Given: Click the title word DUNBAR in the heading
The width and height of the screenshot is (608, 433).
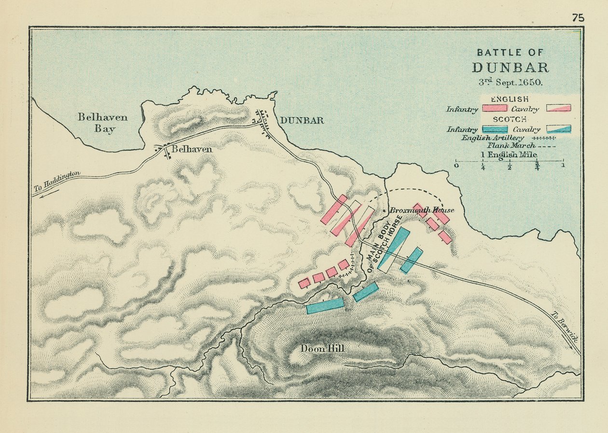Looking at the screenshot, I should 510,67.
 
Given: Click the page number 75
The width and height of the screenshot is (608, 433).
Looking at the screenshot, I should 578,18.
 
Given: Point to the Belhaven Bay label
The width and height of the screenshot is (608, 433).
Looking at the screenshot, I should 103,123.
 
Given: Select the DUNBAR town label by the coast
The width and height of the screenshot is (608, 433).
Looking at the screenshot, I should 302,121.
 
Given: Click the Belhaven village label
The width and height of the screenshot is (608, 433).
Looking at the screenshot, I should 192,150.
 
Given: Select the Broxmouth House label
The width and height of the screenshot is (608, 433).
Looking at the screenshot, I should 422,210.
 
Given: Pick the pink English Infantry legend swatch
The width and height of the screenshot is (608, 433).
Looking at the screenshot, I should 495,108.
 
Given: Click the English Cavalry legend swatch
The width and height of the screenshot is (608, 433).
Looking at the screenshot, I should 558,108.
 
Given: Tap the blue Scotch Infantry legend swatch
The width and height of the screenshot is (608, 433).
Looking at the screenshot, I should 495,129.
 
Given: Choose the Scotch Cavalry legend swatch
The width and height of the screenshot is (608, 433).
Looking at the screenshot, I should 558,129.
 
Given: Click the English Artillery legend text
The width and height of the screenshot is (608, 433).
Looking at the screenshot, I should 492,138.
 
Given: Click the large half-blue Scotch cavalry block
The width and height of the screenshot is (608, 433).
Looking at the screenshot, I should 394,250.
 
